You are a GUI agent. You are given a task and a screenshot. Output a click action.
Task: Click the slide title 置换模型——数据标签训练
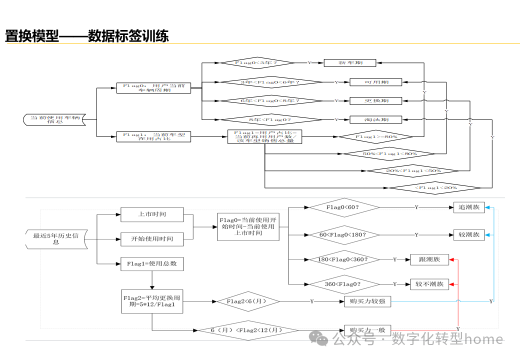pyautogui.click(x=86, y=36)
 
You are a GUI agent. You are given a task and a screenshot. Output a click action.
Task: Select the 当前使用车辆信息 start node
pyautogui.click(x=55, y=120)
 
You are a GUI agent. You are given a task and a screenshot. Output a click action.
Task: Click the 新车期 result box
pyautogui.click(x=349, y=63)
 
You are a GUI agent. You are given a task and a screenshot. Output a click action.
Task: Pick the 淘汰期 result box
pyautogui.click(x=375, y=119)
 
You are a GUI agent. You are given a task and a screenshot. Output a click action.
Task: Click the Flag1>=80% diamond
pyautogui.click(x=376, y=136)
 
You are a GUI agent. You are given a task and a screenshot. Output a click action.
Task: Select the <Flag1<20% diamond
pyautogui.click(x=435, y=188)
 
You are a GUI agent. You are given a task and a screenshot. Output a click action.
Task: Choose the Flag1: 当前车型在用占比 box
pyautogui.click(x=153, y=136)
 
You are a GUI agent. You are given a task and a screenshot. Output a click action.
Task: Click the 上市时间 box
pyautogui.click(x=152, y=214)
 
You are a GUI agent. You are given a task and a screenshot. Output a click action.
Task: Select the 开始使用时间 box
pyautogui.click(x=152, y=239)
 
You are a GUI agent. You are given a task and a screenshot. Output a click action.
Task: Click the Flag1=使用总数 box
pyautogui.click(x=152, y=263)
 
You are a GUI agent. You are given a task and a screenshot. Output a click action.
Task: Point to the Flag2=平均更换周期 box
pyautogui.click(x=152, y=301)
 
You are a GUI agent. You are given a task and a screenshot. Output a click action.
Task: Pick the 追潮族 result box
pyautogui.click(x=469, y=207)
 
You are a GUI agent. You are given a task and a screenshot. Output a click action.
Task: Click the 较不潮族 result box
pyautogui.click(x=429, y=284)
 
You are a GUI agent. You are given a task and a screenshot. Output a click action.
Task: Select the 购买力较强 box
pyautogui.click(x=367, y=301)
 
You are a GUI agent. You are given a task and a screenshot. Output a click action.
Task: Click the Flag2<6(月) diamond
pyautogui.click(x=247, y=301)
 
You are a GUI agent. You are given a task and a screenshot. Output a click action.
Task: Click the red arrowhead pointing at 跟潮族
pyautogui.click(x=451, y=259)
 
